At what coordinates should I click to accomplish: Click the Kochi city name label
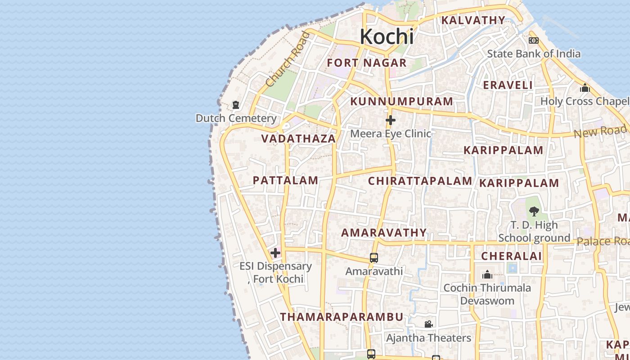coord(387,36)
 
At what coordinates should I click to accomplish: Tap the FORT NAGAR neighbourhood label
coord(367,63)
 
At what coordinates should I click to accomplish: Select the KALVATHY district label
coord(473,20)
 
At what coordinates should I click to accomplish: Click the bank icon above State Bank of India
coord(533,40)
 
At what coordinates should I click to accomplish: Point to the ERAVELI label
coord(508,85)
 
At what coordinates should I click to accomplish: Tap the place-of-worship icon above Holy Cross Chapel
coord(585,88)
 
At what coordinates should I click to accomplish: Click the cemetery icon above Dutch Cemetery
coord(235,105)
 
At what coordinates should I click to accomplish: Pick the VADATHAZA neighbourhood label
coord(298,139)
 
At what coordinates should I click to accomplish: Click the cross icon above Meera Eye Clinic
coord(390,120)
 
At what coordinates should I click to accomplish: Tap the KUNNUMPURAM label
coord(401,102)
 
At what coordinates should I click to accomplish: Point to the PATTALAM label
coord(285,180)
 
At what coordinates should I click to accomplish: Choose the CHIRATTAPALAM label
coord(420,181)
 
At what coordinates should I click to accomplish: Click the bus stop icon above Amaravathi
coord(373,258)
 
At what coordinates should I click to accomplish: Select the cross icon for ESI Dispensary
coord(275,253)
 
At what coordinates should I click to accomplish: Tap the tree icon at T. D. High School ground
coord(534,211)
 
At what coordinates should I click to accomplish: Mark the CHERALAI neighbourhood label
coord(511,256)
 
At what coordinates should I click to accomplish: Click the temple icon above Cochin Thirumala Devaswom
coord(487,274)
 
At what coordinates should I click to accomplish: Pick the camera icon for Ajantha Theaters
coord(428,324)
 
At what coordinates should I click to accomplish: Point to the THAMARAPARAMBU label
coord(342,317)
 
